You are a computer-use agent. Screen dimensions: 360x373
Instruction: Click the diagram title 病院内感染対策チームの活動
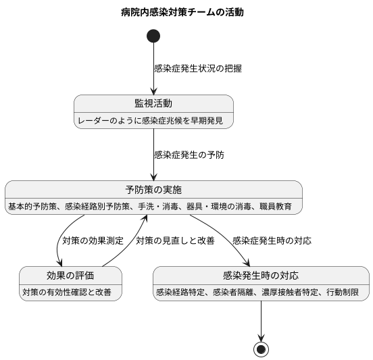click(182, 12)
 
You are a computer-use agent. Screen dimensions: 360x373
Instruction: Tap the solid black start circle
click(153, 36)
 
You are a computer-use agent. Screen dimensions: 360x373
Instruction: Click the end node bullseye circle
click(261, 349)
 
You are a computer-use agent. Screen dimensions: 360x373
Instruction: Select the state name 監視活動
click(153, 103)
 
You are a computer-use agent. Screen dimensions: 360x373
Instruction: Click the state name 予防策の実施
click(153, 189)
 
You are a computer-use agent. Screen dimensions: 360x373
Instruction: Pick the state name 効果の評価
click(70, 275)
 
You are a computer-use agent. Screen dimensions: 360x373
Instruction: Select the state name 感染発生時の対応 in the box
click(261, 275)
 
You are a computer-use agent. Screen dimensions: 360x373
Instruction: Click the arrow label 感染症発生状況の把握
click(198, 68)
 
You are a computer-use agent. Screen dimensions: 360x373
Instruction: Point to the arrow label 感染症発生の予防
click(189, 155)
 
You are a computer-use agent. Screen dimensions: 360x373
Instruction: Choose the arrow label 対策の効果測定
click(93, 240)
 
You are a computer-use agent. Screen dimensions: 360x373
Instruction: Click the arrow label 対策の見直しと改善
click(175, 240)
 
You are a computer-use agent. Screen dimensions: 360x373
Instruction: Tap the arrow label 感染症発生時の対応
click(272, 240)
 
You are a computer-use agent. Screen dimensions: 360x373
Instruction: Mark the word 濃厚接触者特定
click(292, 292)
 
